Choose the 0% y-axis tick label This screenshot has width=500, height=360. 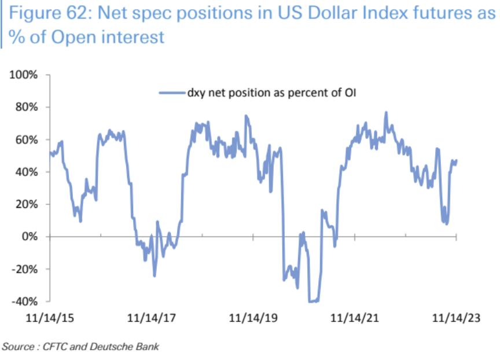pos(30,237)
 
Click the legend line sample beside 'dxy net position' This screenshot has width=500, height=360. pos(172,91)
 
